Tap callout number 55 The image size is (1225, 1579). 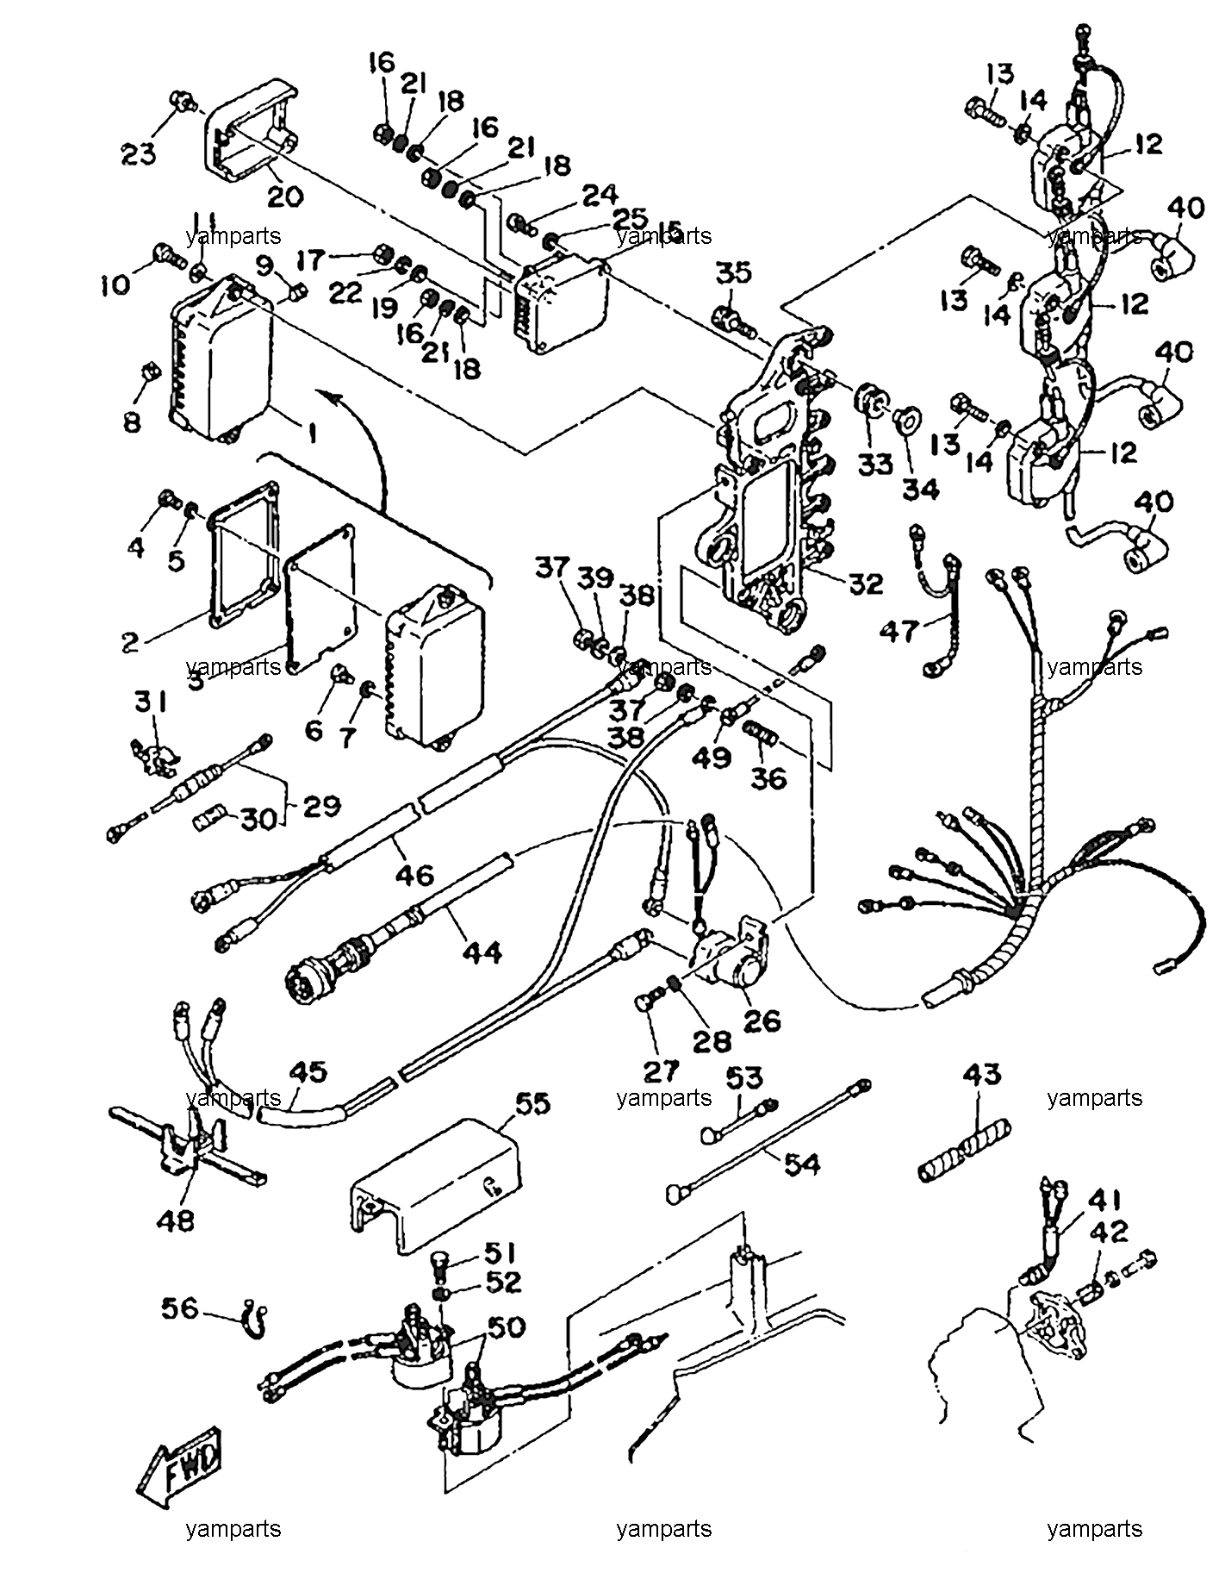tap(533, 1103)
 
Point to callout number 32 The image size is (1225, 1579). tap(864, 584)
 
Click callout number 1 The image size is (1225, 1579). tap(312, 434)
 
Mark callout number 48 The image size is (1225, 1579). tap(176, 1220)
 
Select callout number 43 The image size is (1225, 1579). tap(984, 1074)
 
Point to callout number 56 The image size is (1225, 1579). tap(180, 1309)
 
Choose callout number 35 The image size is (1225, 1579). tap(734, 272)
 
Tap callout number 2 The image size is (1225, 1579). tap(130, 641)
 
